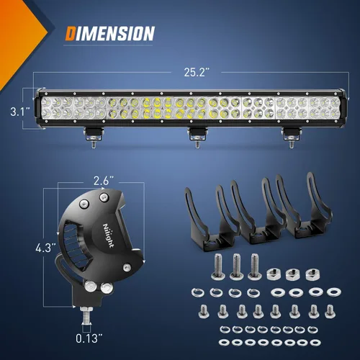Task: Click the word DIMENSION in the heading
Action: (110, 33)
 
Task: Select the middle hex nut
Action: (292, 274)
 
